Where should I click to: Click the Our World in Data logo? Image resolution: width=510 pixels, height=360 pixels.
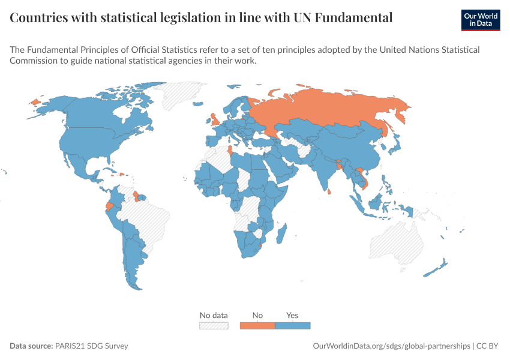[481, 20]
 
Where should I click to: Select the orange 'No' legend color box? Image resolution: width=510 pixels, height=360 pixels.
[257, 326]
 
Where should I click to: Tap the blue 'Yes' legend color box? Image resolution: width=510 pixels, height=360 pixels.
[293, 326]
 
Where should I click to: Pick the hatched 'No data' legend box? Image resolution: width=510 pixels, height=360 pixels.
[214, 326]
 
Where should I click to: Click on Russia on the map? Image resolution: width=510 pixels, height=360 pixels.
[325, 107]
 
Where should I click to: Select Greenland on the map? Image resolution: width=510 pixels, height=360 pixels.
[179, 94]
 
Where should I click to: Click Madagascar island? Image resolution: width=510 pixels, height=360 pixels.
[281, 233]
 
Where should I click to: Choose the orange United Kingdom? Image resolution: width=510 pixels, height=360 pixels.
[215, 119]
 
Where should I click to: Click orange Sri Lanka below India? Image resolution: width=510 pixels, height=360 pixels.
[329, 191]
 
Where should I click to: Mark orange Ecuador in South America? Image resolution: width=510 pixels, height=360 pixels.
[110, 206]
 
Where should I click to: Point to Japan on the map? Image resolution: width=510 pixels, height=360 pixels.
[395, 145]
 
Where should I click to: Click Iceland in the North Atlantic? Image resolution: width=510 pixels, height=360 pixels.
[198, 104]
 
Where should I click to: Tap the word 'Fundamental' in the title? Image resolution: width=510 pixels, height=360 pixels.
[353, 17]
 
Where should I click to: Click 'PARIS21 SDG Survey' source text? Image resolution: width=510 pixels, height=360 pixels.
[91, 346]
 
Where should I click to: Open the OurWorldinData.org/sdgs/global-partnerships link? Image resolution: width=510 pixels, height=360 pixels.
[392, 346]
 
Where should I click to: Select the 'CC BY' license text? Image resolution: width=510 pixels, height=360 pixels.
[487, 346]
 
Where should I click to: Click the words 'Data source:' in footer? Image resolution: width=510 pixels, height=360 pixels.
[31, 346]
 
